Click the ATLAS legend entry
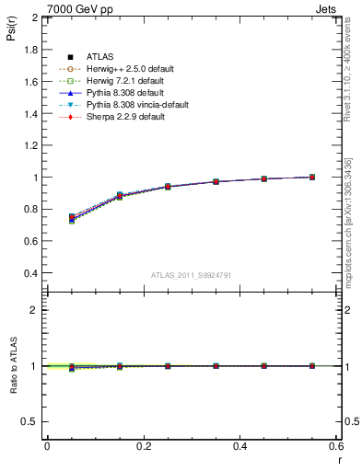click(100, 58)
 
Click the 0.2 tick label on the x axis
click(143, 445)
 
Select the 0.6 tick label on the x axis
click(336, 445)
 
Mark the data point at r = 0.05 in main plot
click(72, 218)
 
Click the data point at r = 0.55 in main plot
click(312, 177)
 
